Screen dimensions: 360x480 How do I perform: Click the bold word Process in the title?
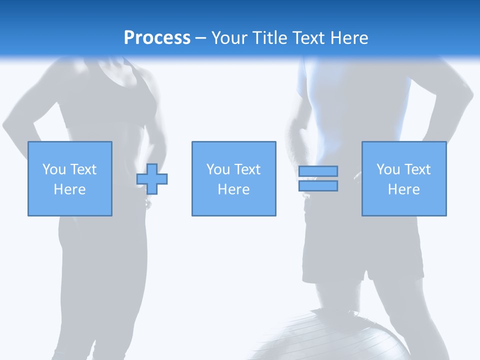pos(157,38)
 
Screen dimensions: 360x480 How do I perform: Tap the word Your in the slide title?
pos(229,38)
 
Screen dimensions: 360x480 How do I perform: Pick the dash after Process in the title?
pos(200,38)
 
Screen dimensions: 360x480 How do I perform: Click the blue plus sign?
pos(152,179)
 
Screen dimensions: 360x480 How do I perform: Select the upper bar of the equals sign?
pos(318,171)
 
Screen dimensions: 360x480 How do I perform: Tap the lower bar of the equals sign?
pos(318,186)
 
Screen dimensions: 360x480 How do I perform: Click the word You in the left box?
pos(54,169)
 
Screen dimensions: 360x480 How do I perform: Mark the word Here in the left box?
pos(69,189)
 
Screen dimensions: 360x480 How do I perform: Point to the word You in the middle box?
pos(218,169)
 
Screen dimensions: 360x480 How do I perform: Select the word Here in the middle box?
pos(233,189)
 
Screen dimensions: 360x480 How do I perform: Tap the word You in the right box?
pos(388,169)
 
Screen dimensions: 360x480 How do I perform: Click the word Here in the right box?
pos(403,189)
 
